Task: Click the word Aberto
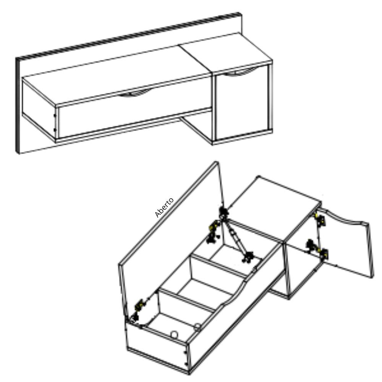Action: (164, 207)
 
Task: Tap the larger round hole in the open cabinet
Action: (174, 334)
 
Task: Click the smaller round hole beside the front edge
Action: (197, 326)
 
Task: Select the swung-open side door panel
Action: (346, 246)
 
